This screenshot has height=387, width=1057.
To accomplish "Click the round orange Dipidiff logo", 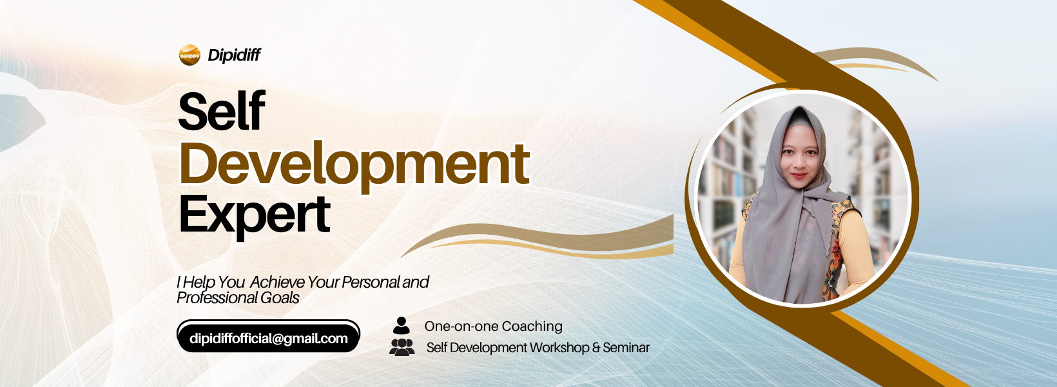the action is coord(189,55).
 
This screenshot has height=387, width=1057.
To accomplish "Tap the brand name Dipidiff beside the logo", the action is coord(234,55).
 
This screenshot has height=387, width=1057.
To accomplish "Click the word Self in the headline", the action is coord(222,111).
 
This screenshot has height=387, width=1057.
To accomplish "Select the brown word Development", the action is coord(354,164).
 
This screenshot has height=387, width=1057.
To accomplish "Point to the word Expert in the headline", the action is coord(255,215).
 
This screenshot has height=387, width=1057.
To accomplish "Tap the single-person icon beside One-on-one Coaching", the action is coord(401,326).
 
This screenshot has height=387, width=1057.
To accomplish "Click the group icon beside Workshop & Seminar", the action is coord(402,347).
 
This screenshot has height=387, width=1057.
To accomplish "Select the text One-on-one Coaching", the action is coord(493,326).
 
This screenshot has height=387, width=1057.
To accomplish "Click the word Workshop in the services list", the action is coord(559,348).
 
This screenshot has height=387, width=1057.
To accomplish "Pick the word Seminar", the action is coord(626,348).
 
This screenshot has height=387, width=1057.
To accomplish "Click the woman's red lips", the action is coord(799,176).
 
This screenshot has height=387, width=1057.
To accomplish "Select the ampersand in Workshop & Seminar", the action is coord(596,348).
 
